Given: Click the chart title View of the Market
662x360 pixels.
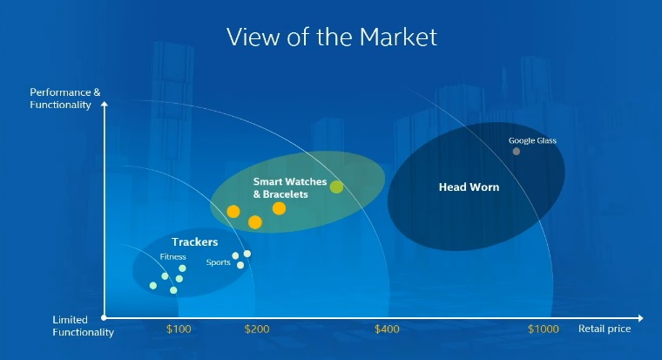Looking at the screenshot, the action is pos(332,37).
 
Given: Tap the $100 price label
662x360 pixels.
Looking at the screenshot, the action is pos(179,329).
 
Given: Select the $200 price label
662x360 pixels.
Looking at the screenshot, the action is pos(257,329).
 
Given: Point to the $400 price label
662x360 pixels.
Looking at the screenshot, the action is pos(387,329).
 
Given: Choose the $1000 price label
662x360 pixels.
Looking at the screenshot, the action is pos(544,329).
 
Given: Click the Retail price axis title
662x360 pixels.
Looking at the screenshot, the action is pos(605,329).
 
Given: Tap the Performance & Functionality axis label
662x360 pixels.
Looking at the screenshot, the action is pos(65,98).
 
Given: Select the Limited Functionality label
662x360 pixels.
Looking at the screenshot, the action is pos(83,326).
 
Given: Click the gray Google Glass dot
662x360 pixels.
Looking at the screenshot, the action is pos(516,152).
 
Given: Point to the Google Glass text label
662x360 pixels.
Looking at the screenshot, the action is pos(532,140).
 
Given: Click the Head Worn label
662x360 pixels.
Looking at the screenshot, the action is pos(469,187).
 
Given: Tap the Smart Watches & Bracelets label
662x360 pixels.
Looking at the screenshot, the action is pos(290,187).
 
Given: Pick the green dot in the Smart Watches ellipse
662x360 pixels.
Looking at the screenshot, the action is pos(336,187).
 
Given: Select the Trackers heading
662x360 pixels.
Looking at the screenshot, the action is pos(194,242).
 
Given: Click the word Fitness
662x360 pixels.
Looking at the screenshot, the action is pos(172,256).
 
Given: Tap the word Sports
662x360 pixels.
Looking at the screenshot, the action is pos(219,262).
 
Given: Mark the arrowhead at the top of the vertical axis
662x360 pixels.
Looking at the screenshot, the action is pos(105,104).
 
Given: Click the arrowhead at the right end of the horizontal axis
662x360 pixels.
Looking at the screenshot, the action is pos(640,318).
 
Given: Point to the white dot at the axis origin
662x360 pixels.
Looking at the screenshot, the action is pos(104,318).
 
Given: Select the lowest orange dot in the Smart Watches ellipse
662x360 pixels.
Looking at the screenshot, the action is pos(255,221).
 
